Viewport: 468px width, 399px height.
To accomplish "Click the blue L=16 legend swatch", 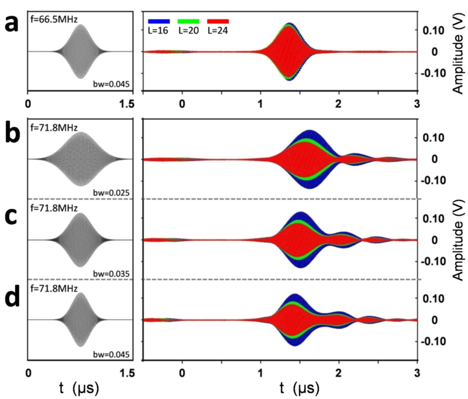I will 159,22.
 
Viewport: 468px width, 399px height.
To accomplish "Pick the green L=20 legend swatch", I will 188,22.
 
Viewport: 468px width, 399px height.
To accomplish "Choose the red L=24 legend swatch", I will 218,22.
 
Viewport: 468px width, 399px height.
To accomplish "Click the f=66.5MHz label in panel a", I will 54,19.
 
